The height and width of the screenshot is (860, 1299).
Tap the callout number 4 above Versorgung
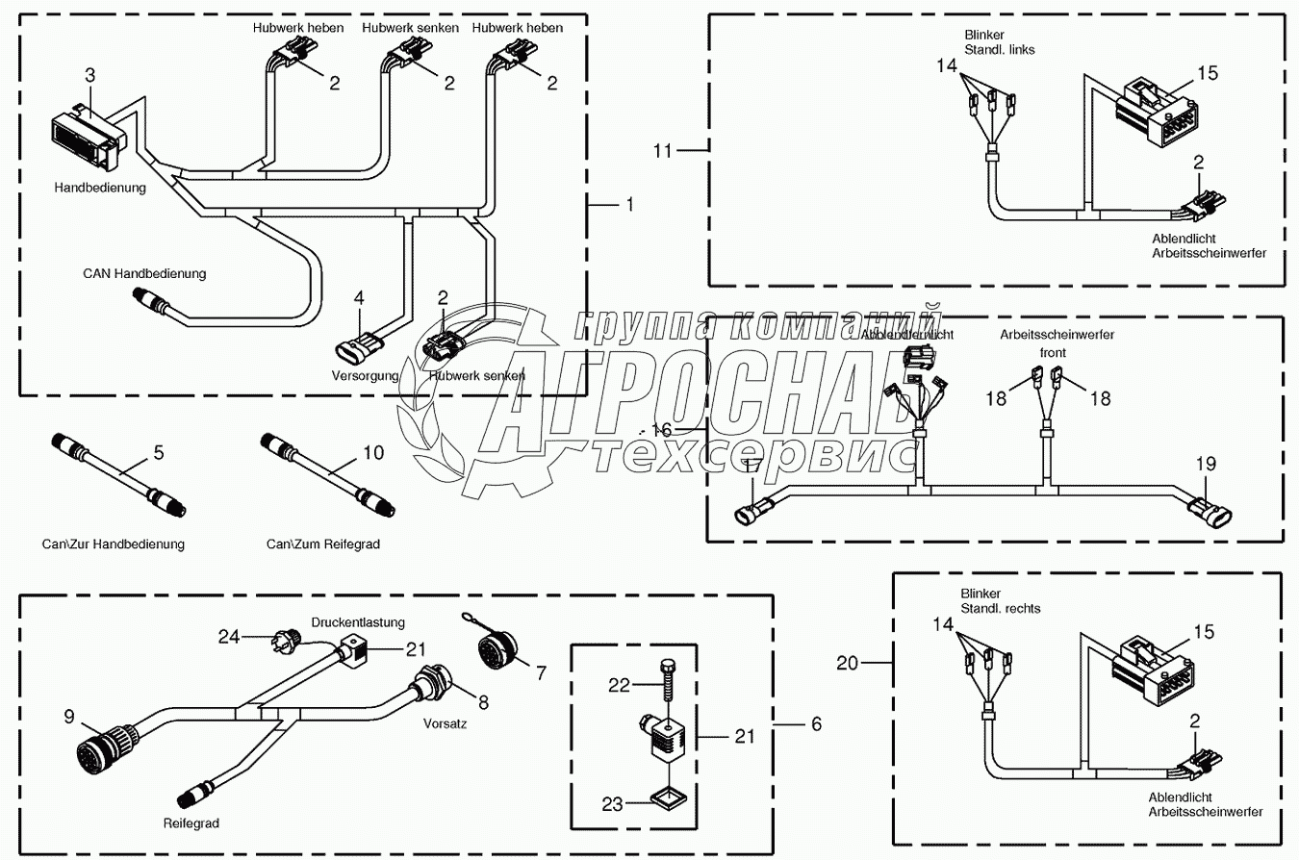coord(359,298)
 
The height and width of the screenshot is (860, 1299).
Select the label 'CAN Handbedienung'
coord(144,274)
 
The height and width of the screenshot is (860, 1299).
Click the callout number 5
coord(159,450)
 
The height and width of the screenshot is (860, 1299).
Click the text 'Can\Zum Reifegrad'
coord(323,544)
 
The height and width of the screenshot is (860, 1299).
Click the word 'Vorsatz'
coord(445,724)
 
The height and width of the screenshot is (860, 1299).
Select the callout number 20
coord(846,662)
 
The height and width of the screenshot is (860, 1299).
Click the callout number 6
coord(816,724)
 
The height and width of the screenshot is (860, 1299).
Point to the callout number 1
coord(630,204)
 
